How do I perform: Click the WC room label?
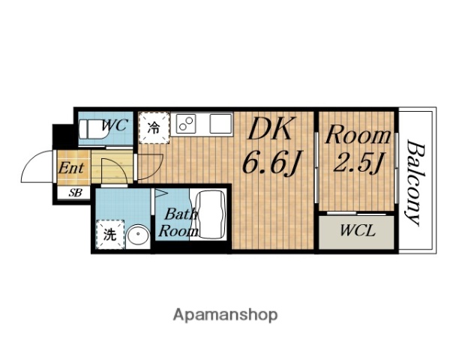pyautogui.click(x=115, y=125)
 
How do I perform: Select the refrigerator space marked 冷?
pyautogui.click(x=154, y=127)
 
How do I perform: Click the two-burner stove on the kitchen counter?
pyautogui.click(x=186, y=124)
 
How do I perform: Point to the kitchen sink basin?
pyautogui.click(x=220, y=124)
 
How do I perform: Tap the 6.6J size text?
pyautogui.click(x=272, y=163)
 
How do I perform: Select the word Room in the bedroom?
pyautogui.click(x=358, y=136)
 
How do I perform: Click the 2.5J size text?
pyautogui.click(x=358, y=162)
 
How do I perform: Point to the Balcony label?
pyautogui.click(x=416, y=183)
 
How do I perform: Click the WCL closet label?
pyautogui.click(x=357, y=230)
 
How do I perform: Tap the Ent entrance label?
pyautogui.click(x=71, y=168)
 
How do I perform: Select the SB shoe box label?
pyautogui.click(x=75, y=193)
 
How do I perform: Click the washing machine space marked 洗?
pyautogui.click(x=110, y=234)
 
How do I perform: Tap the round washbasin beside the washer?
pyautogui.click(x=138, y=236)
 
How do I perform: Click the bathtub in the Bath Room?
pyautogui.click(x=211, y=214)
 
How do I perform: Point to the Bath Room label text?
pyautogui.click(x=178, y=223)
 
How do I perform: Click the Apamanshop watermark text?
pyautogui.click(x=225, y=315)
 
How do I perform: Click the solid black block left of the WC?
pyautogui.click(x=63, y=136)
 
